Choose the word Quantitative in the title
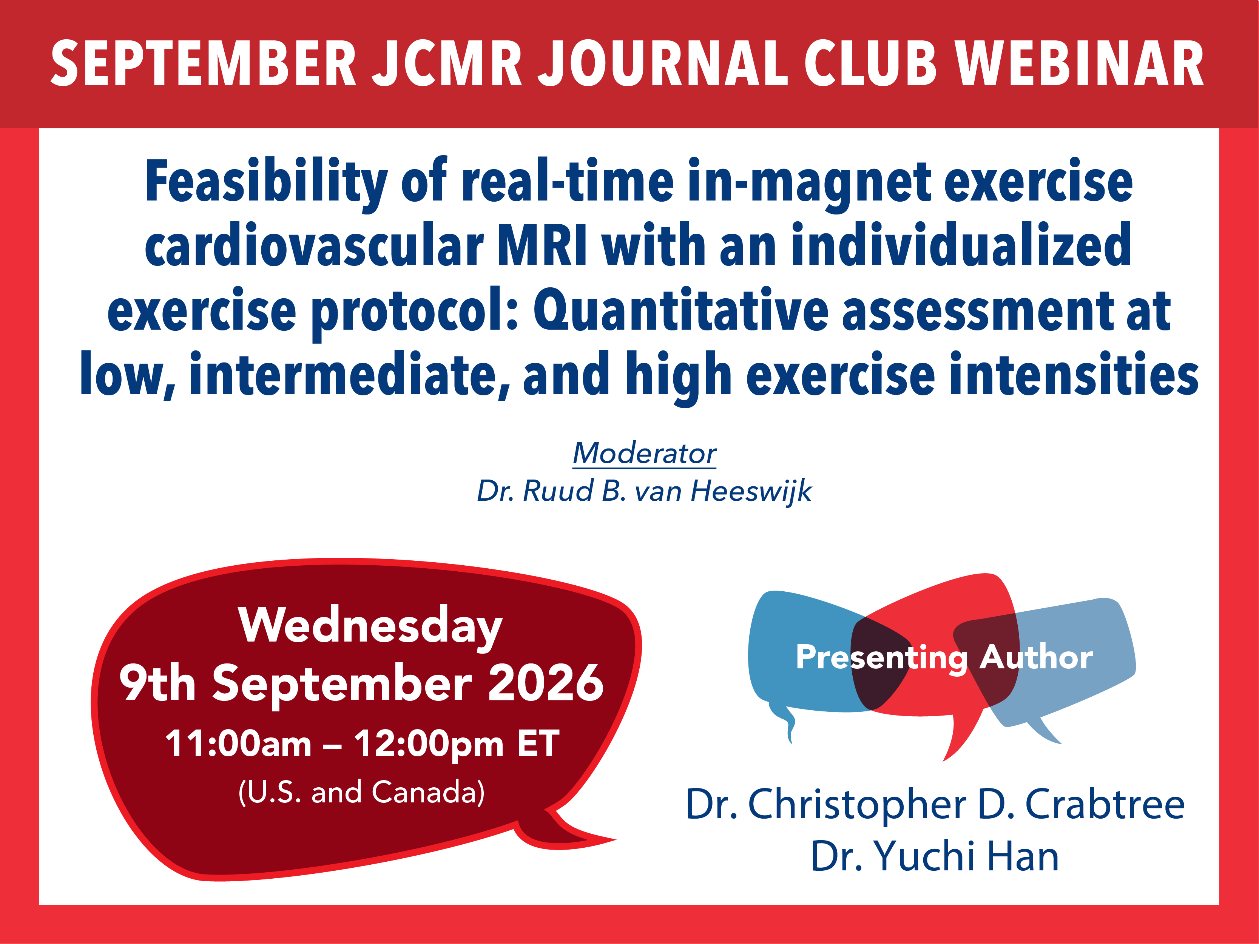click(681, 311)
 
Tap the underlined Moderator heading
click(644, 453)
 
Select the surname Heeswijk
click(751, 491)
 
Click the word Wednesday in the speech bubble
click(370, 626)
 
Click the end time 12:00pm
click(429, 744)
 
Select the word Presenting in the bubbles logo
click(881, 658)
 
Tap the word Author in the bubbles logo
click(1036, 657)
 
